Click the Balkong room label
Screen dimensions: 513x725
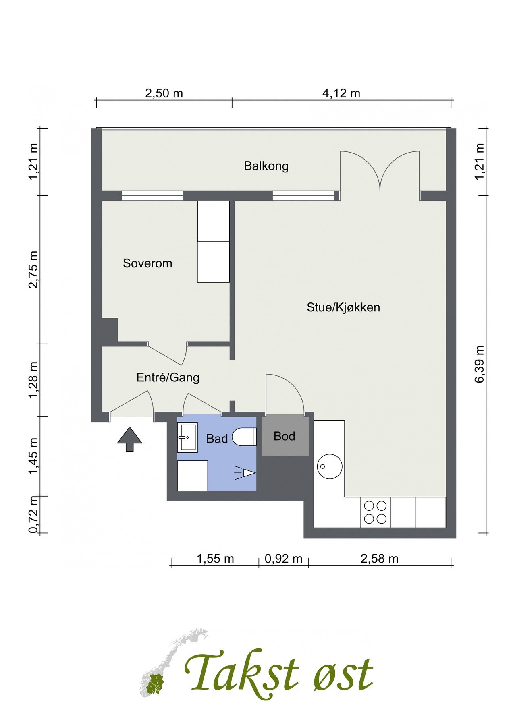tap(266, 166)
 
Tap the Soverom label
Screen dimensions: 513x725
tap(147, 263)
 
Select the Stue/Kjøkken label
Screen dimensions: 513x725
tap(343, 307)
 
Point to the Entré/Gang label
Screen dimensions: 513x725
tap(168, 377)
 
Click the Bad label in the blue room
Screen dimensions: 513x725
tap(217, 439)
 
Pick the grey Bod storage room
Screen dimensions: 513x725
tap(285, 436)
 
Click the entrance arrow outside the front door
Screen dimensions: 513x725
tap(129, 439)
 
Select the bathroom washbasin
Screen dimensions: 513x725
tap(187, 437)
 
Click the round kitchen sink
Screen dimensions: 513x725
tap(330, 466)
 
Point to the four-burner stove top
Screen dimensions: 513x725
tap(375, 512)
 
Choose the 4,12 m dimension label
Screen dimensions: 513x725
tap(341, 93)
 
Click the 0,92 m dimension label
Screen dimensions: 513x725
tap(284, 559)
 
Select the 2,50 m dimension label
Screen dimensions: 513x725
tap(164, 93)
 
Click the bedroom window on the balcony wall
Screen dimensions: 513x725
tap(152, 196)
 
